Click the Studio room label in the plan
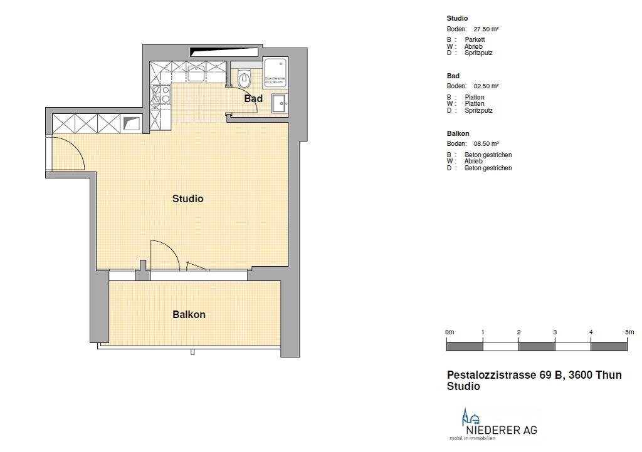point(188,199)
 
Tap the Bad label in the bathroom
point(253,99)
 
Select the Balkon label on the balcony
point(189,315)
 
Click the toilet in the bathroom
point(245,78)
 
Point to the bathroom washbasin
point(279,103)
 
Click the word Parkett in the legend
point(475,39)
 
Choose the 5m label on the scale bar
point(629,332)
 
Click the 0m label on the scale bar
point(450,332)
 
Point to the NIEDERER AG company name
point(501,430)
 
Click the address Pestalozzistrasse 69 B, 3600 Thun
point(534,375)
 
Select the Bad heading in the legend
point(453,76)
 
